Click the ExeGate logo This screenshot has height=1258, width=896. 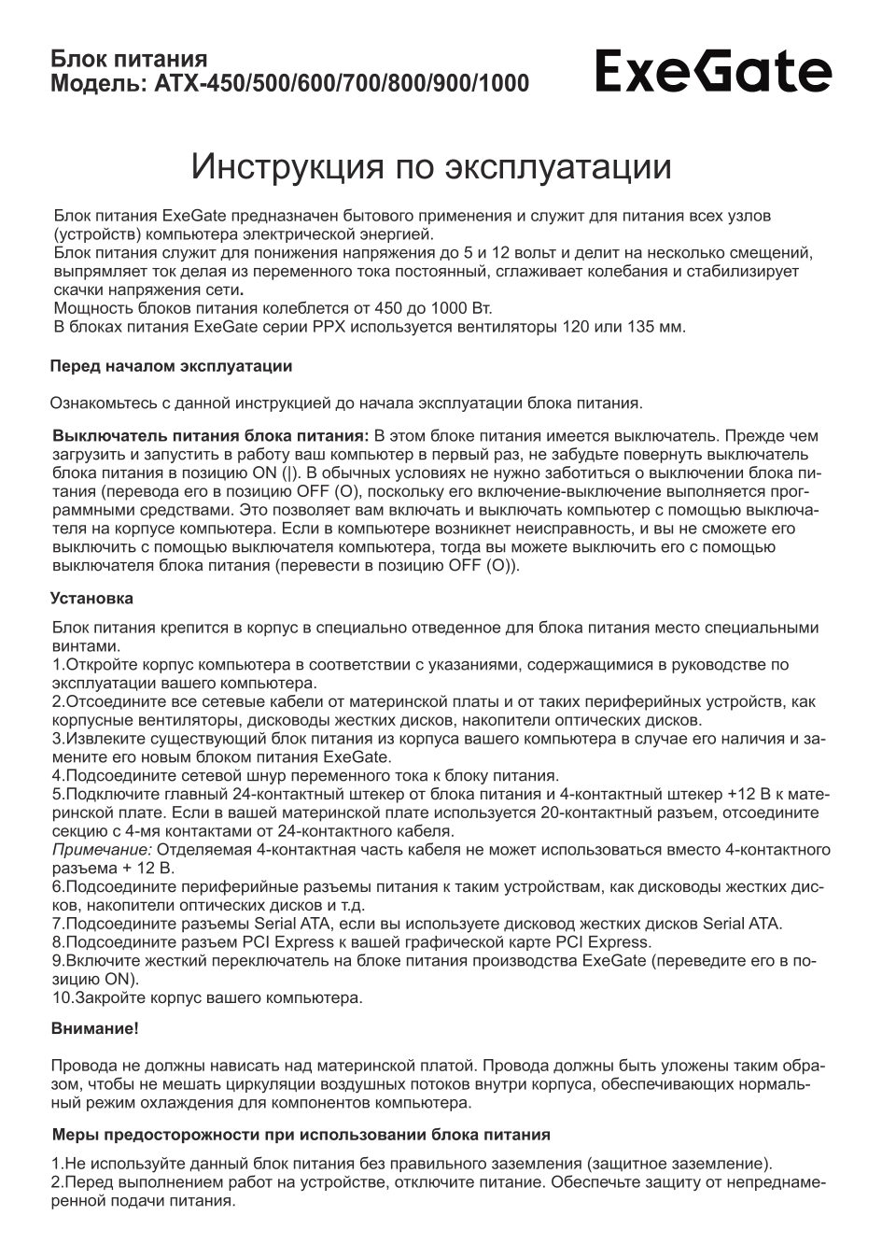tap(713, 72)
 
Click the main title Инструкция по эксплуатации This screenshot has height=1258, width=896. tap(431, 166)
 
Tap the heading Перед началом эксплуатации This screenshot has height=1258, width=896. tap(171, 366)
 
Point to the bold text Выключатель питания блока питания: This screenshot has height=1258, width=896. tap(211, 436)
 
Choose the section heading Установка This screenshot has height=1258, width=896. tap(91, 599)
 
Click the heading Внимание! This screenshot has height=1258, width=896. tap(94, 1029)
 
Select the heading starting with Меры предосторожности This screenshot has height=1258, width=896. tap(300, 1135)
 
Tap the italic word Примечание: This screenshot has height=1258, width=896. tap(102, 850)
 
